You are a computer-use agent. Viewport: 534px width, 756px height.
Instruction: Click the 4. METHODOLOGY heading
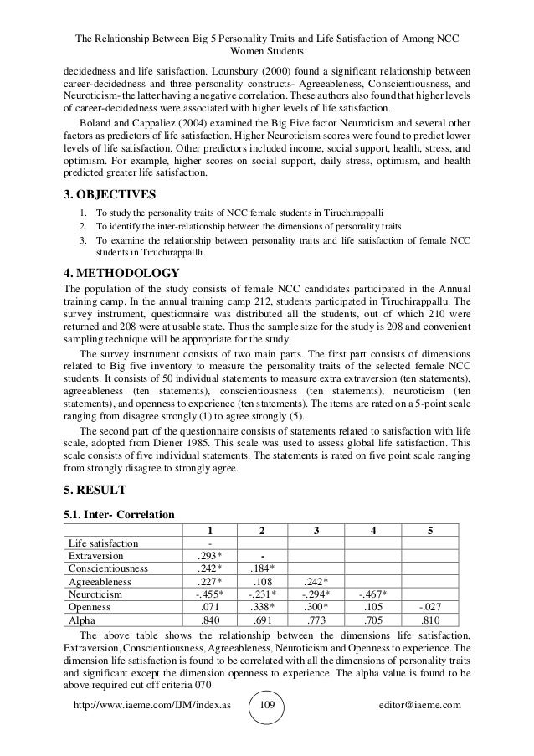coord(122,273)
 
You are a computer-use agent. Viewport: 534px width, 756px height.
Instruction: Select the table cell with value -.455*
coord(208,594)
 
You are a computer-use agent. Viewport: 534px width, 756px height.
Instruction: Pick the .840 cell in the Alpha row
coord(208,620)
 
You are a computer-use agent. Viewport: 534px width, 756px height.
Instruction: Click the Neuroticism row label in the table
coord(95,594)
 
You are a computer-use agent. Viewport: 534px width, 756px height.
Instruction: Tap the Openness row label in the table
coord(90,608)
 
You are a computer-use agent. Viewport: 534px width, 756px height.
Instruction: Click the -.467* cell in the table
coord(372,594)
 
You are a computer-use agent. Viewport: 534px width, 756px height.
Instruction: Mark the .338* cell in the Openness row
coord(263,608)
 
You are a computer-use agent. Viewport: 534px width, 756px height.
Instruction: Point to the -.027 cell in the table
coord(430,608)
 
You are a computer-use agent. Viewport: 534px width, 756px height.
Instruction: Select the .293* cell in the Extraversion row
coord(208,555)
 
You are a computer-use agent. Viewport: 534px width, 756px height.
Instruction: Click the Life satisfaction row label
coord(104,543)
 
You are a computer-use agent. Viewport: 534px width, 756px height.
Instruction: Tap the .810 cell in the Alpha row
coord(430,620)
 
